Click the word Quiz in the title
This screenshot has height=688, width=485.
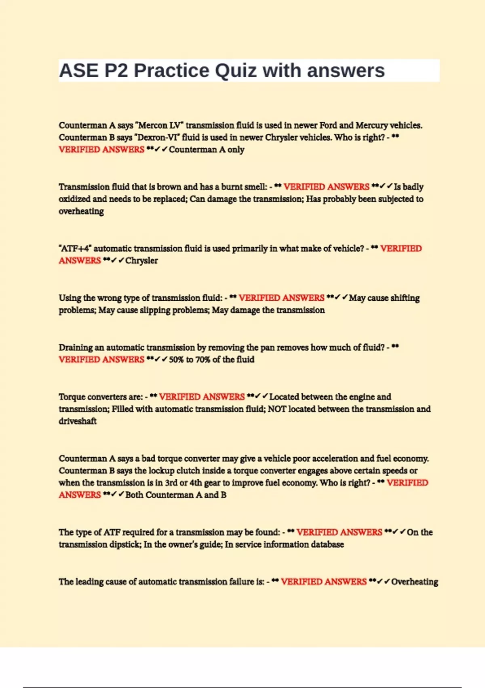(235, 71)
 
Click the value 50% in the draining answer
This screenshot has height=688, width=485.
(176, 360)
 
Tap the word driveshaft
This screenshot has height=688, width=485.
(78, 421)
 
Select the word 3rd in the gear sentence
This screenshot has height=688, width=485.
(171, 483)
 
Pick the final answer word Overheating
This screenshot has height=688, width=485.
(415, 582)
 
